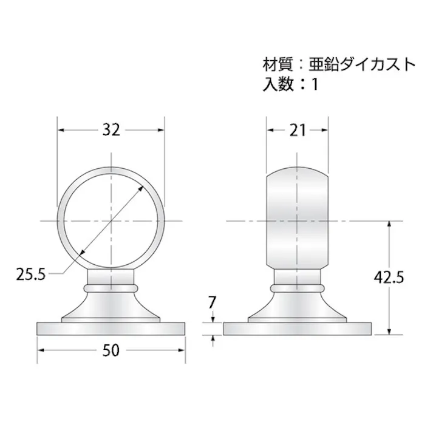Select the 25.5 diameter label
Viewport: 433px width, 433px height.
click(x=31, y=274)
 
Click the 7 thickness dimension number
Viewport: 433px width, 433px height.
click(x=213, y=301)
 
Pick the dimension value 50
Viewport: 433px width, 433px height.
click(x=111, y=352)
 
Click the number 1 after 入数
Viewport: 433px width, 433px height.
click(x=315, y=84)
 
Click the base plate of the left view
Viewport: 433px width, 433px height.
click(x=111, y=329)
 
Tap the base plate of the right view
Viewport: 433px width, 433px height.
click(x=298, y=329)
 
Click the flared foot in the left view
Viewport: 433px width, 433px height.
click(x=111, y=307)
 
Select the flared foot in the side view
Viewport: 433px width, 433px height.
click(x=298, y=307)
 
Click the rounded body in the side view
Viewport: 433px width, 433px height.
click(x=298, y=219)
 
